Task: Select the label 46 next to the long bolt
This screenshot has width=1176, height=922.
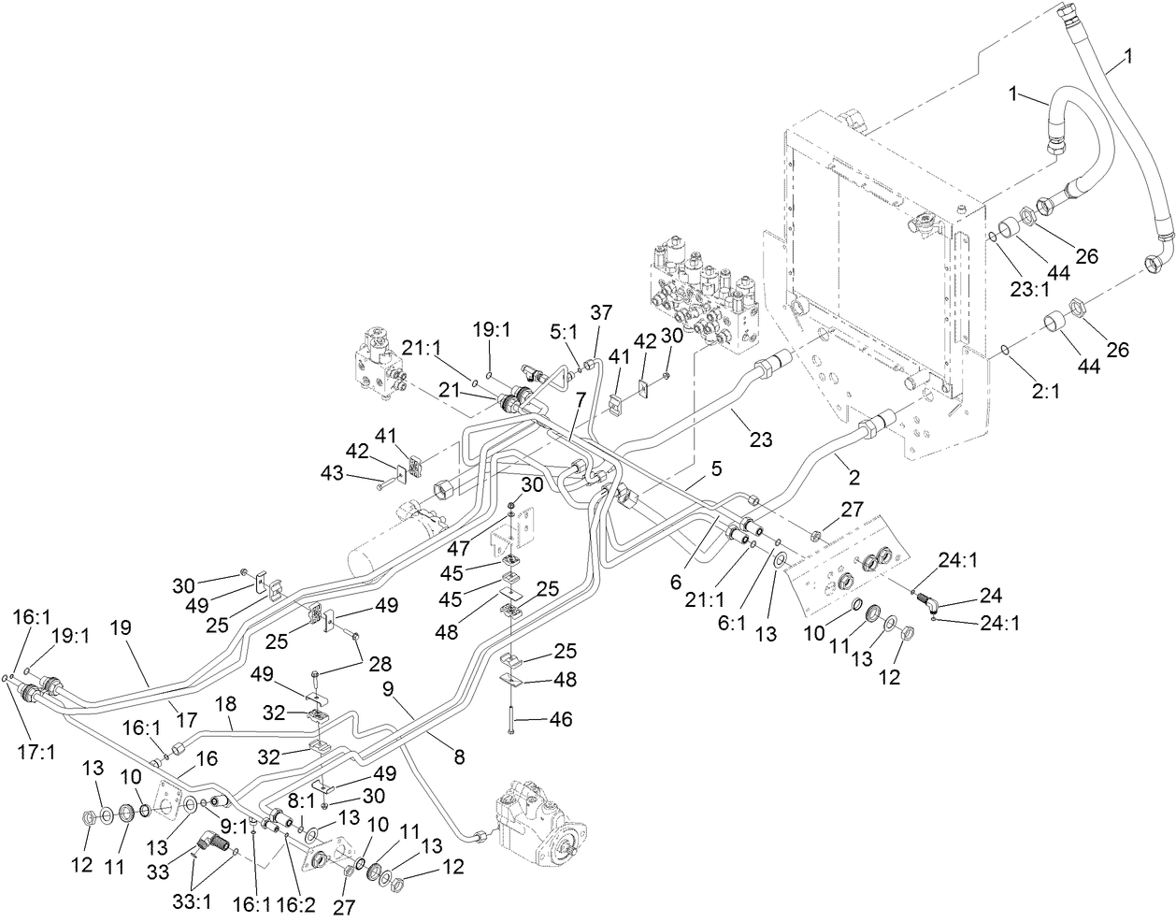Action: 560,719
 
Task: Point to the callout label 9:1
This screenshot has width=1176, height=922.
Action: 233,826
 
